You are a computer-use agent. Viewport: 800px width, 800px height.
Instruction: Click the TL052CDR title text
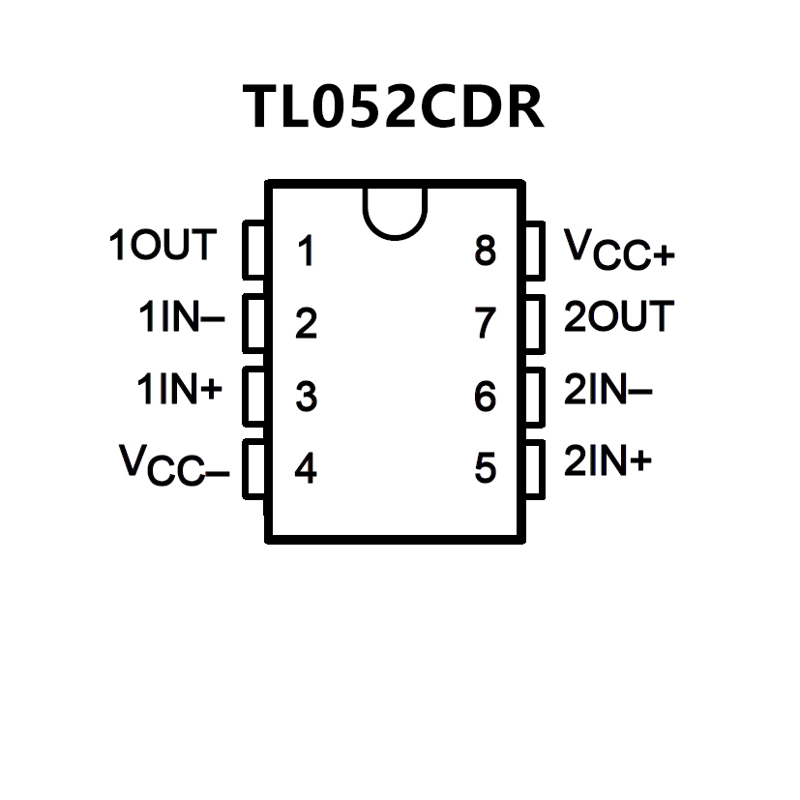click(x=393, y=106)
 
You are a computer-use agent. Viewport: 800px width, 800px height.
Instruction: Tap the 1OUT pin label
click(x=162, y=246)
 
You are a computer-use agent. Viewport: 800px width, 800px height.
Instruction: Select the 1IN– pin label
click(x=181, y=318)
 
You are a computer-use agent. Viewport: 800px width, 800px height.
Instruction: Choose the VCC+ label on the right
click(x=619, y=250)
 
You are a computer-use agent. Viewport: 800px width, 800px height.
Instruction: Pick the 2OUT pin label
click(x=618, y=316)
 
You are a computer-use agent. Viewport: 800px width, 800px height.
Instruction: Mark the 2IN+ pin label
click(x=607, y=462)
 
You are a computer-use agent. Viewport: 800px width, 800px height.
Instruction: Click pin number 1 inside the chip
click(x=307, y=252)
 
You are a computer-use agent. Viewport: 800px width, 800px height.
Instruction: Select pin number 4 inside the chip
click(x=306, y=469)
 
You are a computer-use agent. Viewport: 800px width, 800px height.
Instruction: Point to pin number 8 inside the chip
click(x=486, y=252)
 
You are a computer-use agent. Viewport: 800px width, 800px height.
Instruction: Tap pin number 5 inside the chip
click(x=486, y=469)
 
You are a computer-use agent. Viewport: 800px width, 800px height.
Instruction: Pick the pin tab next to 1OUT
click(x=252, y=251)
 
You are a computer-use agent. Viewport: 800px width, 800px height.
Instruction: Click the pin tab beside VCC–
click(x=252, y=469)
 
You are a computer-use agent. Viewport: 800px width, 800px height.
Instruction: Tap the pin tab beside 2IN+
click(x=536, y=469)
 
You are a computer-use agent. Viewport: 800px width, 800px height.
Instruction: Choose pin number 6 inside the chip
click(x=486, y=397)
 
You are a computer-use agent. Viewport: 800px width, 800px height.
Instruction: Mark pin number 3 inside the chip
click(x=307, y=397)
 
